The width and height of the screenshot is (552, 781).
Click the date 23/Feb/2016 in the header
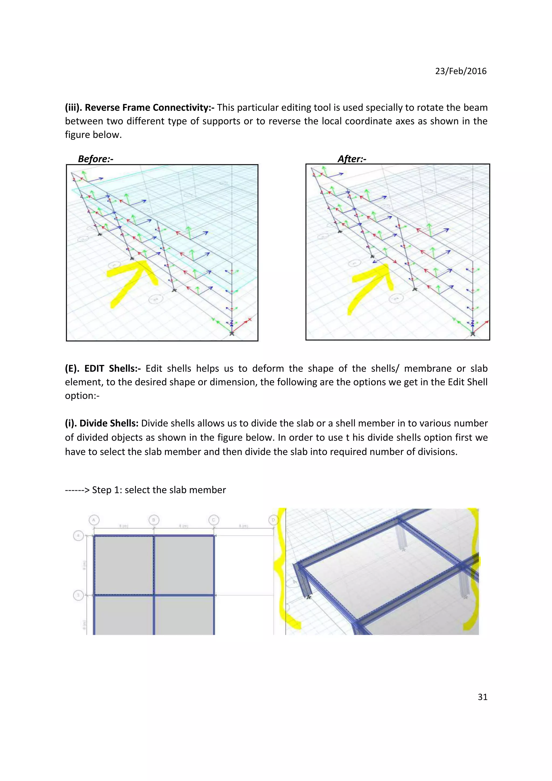[x=461, y=71]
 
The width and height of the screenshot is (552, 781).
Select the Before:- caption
[x=96, y=159]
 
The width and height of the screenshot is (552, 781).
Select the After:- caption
[x=352, y=159]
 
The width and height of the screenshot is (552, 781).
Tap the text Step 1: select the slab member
[x=159, y=490]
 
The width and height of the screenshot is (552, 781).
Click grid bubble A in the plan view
[x=94, y=520]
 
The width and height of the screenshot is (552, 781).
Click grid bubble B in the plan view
[x=154, y=520]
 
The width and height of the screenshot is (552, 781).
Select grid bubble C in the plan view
[x=213, y=520]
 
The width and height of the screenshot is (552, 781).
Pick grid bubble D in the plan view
[x=273, y=520]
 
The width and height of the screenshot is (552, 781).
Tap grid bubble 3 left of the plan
[x=78, y=595]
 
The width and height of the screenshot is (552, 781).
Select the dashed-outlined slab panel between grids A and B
[x=123, y=565]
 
